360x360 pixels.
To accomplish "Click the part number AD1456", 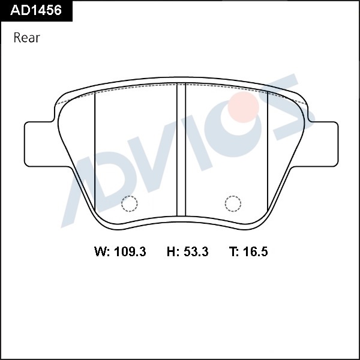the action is tap(36, 10).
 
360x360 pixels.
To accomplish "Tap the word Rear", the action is tap(27, 38).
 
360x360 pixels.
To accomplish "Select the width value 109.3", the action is tap(130, 251).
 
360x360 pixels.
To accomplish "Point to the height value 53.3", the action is tap(196, 251).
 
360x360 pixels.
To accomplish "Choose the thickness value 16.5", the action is tap(256, 251).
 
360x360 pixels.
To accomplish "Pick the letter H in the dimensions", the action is tap(171, 251).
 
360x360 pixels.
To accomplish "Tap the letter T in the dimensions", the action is tap(233, 251).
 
